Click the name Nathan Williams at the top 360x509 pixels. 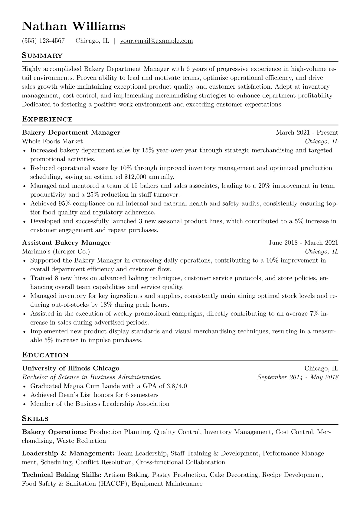(74, 26)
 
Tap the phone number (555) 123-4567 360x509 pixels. (43, 41)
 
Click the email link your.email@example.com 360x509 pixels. (156, 41)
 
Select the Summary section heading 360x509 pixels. (42, 56)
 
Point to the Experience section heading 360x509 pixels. (47, 119)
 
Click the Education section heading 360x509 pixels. (45, 355)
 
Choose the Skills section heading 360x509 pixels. (35, 419)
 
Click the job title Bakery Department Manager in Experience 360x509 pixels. (71, 132)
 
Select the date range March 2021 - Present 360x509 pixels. (307, 132)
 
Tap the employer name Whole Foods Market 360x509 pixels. (52, 141)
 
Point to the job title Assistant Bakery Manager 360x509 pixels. (66, 243)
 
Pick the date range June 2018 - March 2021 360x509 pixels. (303, 243)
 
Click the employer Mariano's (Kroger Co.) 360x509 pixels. (56, 251)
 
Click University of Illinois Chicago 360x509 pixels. (71, 368)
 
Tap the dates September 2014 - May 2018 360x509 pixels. (298, 377)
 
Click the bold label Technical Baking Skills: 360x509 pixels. (61, 475)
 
